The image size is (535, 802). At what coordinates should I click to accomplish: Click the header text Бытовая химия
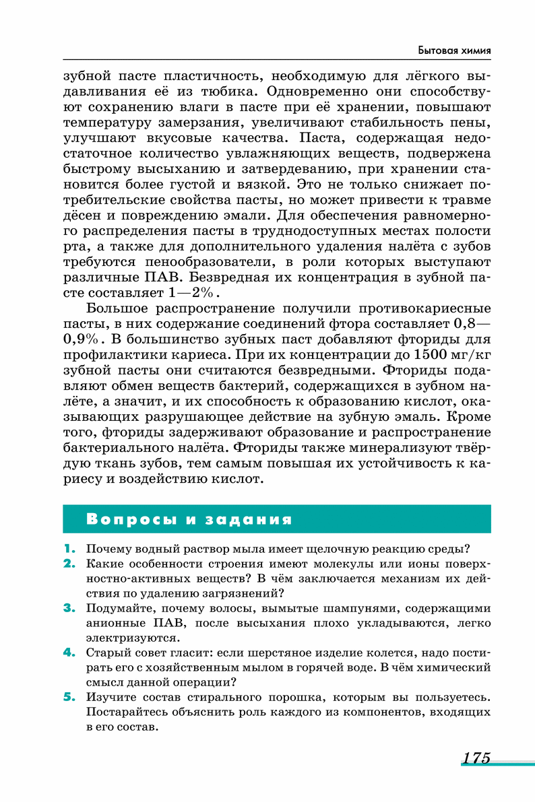pos(453,51)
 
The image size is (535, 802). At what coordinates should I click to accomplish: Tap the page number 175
pos(476,757)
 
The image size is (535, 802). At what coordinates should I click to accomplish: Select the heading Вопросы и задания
pos(189,519)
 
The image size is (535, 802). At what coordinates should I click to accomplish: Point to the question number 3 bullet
pos(68,608)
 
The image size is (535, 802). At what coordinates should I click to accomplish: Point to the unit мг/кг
pos(471,353)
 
